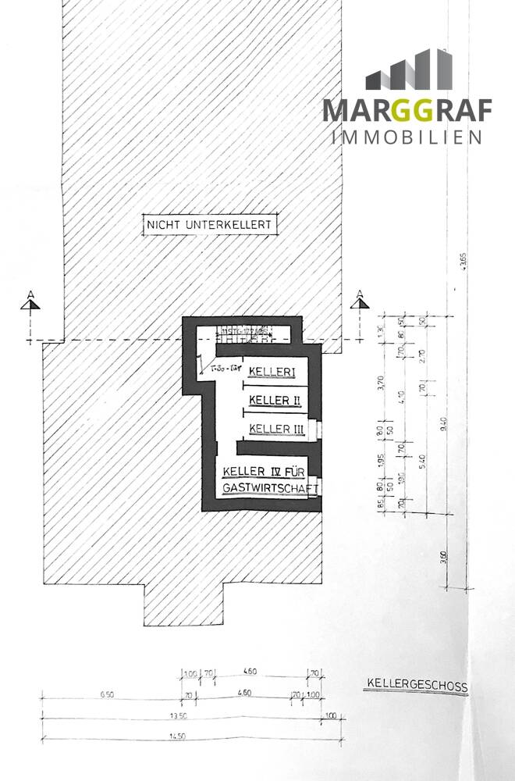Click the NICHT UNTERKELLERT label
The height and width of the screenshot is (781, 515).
point(208,226)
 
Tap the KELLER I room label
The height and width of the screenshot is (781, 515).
point(272,374)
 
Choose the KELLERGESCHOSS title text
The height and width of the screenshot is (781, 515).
point(416,687)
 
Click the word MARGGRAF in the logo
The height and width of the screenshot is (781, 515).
point(407,110)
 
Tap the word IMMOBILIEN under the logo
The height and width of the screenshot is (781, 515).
point(407,137)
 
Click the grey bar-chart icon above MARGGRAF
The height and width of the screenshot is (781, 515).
point(409,71)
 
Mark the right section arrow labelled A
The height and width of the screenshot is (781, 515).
point(360,301)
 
